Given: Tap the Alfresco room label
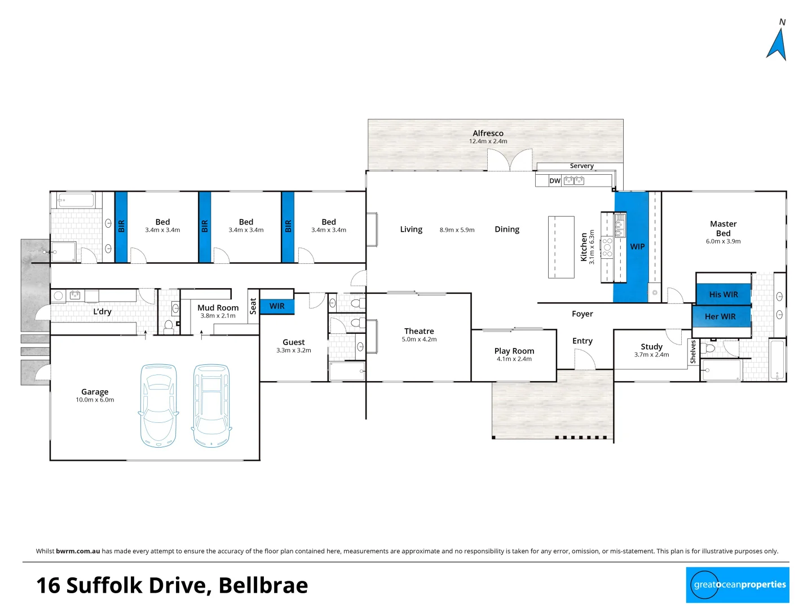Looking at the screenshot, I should [488, 134].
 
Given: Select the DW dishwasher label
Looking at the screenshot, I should [555, 181].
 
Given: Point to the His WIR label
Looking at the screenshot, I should [723, 294].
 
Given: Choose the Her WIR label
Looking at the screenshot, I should [720, 316].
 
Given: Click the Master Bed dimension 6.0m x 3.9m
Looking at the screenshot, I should [723, 241].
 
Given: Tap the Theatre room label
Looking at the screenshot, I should [419, 331].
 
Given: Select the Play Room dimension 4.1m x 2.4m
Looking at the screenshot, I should [514, 359].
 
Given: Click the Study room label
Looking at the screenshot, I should [651, 346].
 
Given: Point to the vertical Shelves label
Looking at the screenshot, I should [693, 352].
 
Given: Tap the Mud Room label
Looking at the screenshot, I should [218, 307].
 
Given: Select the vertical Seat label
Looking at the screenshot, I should [253, 306].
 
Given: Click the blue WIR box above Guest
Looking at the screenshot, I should [277, 306].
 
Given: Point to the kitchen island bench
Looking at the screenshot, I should [561, 247].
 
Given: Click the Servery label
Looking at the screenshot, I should [581, 166].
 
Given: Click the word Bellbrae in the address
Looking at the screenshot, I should [263, 585].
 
